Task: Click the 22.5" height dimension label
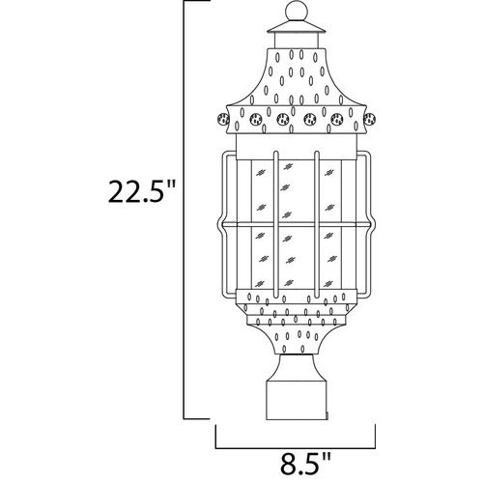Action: tap(142, 191)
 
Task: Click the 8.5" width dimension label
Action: tap(305, 464)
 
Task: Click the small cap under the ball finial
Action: tap(297, 27)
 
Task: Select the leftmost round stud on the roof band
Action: tap(224, 119)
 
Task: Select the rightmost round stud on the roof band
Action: tap(369, 119)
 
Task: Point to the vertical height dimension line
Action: tap(184, 210)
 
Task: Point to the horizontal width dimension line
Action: tap(296, 448)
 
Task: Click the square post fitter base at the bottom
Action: tap(297, 401)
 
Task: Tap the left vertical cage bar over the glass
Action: tap(275, 224)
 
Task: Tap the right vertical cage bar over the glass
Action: tap(317, 224)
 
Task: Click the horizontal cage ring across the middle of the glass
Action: tap(297, 224)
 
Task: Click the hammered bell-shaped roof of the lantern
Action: tap(297, 77)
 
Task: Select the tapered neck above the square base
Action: tap(297, 368)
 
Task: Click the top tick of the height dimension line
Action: tap(196, 1)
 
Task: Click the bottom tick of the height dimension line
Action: tap(196, 418)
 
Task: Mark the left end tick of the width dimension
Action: tap(215, 436)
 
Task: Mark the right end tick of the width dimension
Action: tap(375, 436)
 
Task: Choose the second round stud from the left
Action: tap(255, 119)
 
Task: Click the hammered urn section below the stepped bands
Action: tap(297, 341)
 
